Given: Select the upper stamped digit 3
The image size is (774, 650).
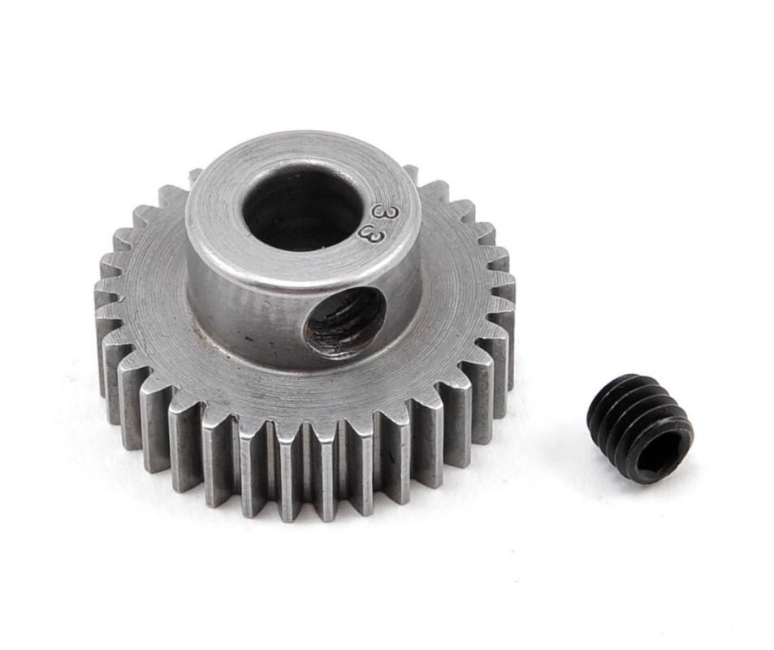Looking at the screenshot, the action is [x=381, y=211].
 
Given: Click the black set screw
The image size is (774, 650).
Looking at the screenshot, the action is [x=641, y=428].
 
